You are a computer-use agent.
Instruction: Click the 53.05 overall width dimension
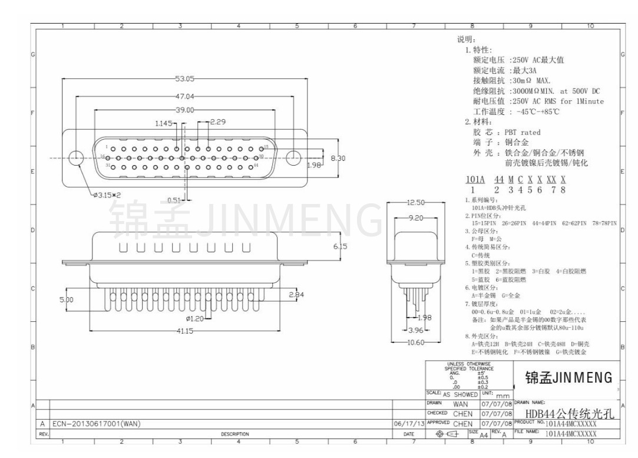click(184, 78)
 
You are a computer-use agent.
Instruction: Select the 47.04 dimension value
click(184, 95)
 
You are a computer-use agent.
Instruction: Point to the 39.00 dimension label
click(184, 110)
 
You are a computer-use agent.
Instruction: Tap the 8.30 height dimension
click(338, 158)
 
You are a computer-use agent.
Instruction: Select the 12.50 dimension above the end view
click(415, 202)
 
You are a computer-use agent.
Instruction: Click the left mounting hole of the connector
click(75, 158)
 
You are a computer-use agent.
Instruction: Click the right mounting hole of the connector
click(293, 158)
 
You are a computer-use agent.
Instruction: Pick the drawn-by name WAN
click(461, 405)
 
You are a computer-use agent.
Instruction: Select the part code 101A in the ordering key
click(475, 180)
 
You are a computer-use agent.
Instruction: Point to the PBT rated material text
click(518, 132)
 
